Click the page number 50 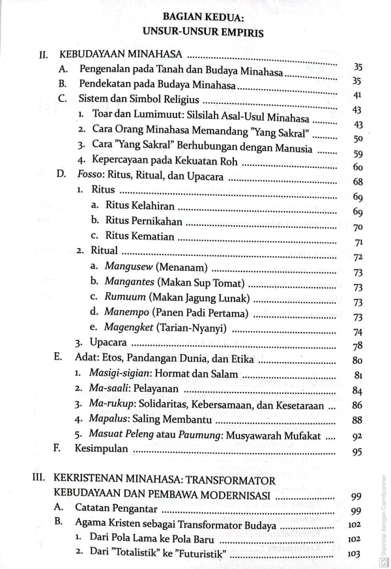point(356,139)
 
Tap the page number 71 point(357,243)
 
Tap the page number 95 point(356,452)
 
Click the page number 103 point(355,555)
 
